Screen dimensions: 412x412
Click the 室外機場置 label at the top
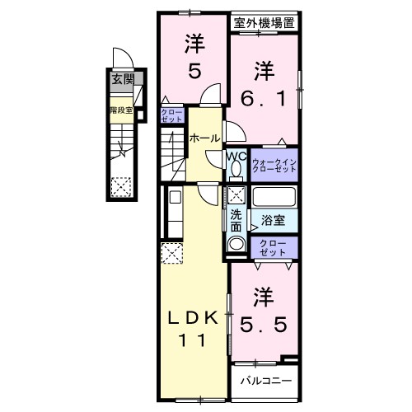pos(264,24)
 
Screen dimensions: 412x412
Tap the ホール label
pos(204,138)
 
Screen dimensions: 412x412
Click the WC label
pos(235,154)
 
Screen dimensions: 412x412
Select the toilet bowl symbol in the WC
pos(236,169)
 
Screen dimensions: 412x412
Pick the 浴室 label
pos(274,221)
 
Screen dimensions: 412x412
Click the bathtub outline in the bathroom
pos(274,199)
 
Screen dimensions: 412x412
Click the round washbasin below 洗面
pos(236,244)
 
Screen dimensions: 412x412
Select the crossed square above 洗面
pos(236,195)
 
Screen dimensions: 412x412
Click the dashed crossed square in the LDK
pos(172,252)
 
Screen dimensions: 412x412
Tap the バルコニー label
pos(265,381)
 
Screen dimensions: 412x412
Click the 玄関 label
pos(121,80)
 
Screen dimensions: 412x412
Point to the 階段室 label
pos(120,108)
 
